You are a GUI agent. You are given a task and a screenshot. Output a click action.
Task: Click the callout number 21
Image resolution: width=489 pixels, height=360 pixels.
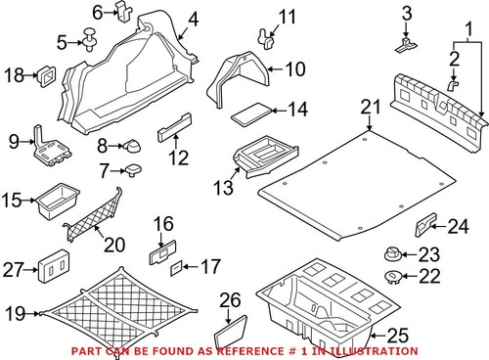(368, 107)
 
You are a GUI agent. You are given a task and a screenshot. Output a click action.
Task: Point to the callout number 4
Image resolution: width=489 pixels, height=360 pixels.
(192, 20)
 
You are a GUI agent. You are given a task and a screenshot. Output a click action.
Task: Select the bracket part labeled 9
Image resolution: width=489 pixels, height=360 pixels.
(48, 147)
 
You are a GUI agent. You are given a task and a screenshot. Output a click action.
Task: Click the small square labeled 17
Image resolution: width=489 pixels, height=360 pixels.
(176, 265)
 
